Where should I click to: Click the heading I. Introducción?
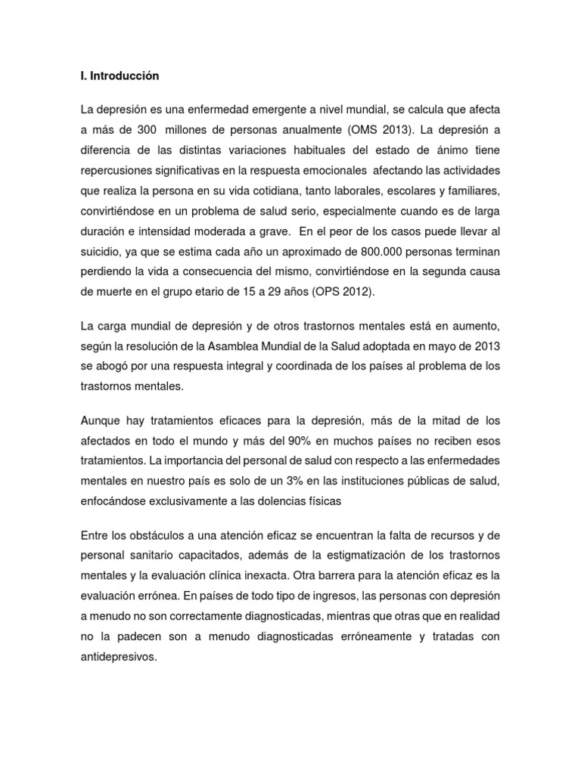click(120, 76)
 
